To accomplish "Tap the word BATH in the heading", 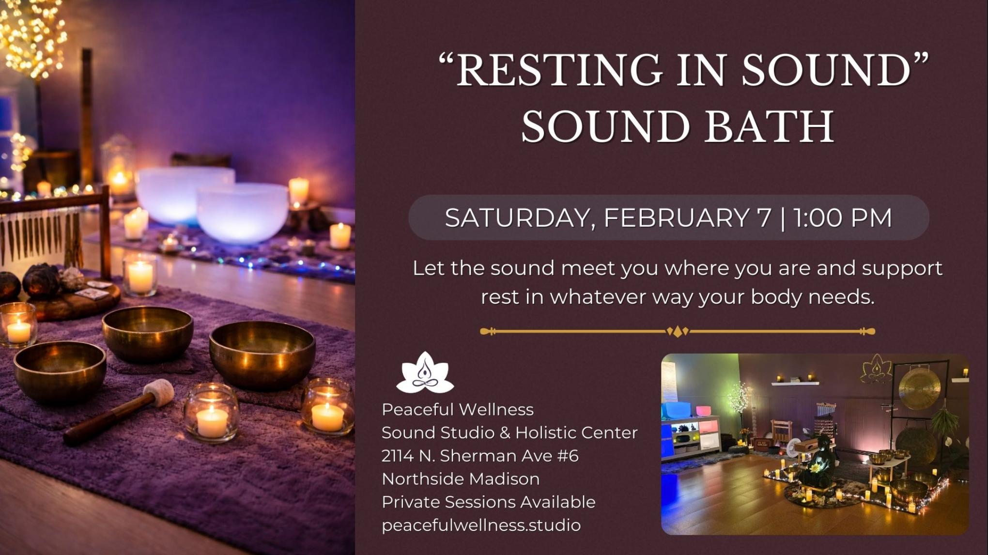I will click(x=769, y=127).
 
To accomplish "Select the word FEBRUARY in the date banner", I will click(x=687, y=217).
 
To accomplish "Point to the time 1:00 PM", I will click(x=843, y=217).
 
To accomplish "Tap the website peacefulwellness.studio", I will click(x=481, y=525).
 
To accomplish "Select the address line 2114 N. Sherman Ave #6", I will click(x=480, y=456).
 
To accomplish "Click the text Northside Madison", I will click(x=461, y=479).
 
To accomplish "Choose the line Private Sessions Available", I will click(x=488, y=502).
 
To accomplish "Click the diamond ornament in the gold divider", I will click(x=678, y=332).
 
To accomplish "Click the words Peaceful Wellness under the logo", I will click(x=458, y=410).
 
